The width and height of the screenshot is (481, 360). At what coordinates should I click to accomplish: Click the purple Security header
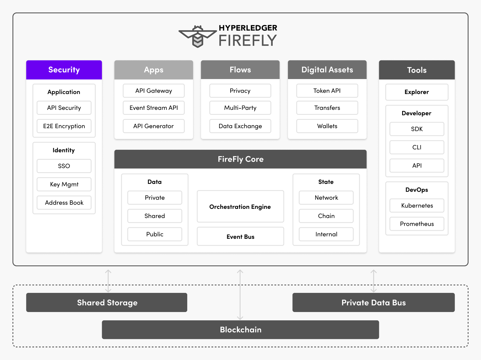[64, 70]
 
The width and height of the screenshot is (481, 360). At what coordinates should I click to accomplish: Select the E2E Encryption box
[64, 126]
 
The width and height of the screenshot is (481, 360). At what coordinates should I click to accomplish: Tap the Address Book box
[64, 203]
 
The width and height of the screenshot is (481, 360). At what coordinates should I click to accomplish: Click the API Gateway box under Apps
[154, 91]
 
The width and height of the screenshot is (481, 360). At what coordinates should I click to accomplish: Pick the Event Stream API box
[154, 108]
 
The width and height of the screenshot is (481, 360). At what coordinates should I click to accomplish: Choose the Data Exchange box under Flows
[240, 126]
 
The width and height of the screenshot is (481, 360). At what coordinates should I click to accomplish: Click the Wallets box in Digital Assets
[327, 126]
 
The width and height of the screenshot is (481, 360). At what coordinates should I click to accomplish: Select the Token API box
[327, 91]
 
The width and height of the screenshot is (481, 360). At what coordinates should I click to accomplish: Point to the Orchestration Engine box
[240, 207]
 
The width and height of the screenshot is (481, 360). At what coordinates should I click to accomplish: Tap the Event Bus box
[240, 237]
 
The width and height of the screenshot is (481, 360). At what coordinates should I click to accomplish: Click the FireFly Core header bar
[240, 159]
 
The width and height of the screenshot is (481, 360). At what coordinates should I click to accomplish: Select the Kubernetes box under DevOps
[417, 206]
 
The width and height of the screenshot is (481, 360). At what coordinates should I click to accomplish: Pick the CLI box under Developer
[417, 147]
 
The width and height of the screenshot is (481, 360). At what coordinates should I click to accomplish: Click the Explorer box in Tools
[417, 92]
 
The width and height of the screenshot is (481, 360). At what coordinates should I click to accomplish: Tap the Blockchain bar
[240, 330]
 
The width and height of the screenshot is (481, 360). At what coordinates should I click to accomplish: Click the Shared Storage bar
[107, 303]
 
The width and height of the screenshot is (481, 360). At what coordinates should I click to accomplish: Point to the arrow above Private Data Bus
[373, 281]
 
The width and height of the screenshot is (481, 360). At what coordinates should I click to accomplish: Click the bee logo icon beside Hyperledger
[198, 36]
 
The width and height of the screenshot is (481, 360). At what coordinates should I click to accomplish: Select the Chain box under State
[326, 216]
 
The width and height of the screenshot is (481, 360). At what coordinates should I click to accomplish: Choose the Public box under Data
[155, 234]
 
